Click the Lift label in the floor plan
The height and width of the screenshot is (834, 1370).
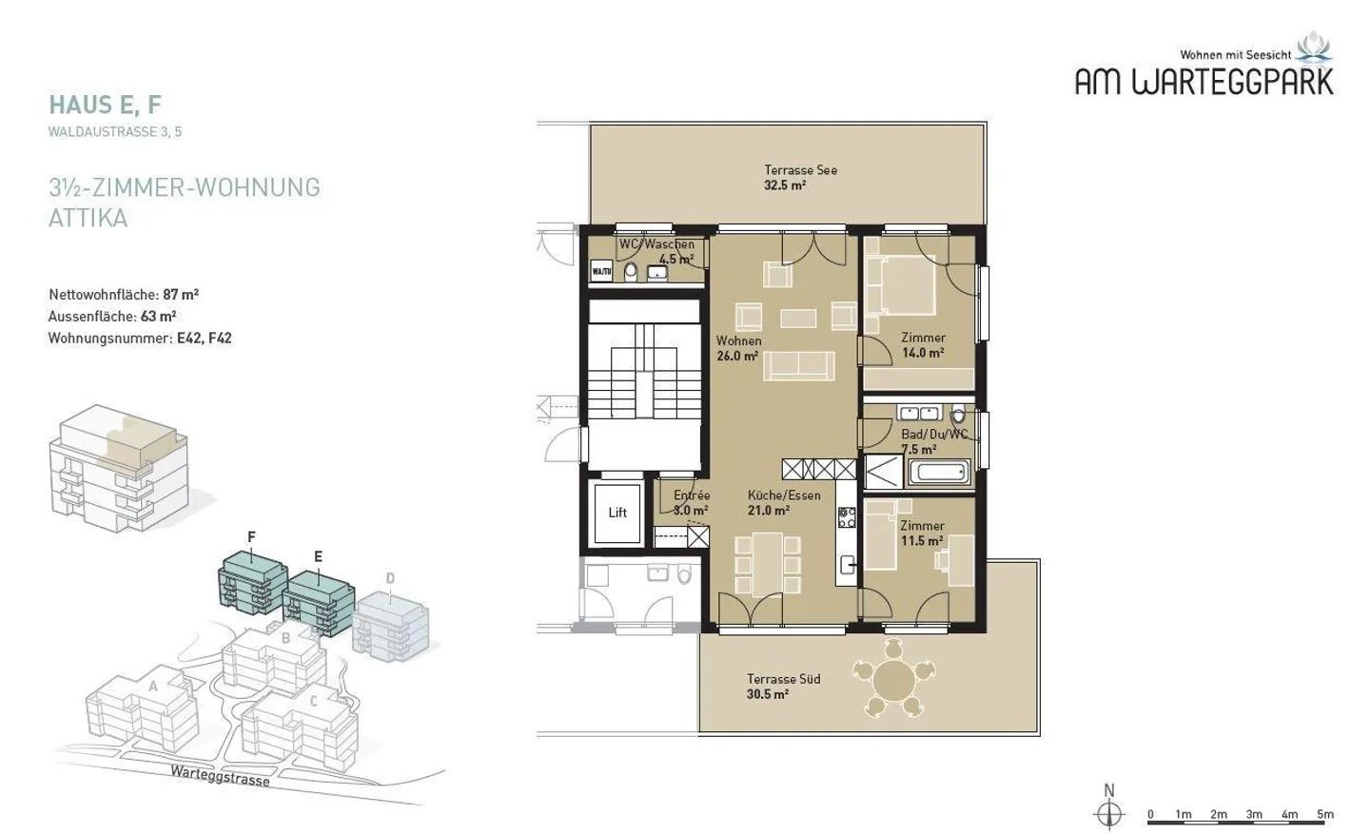click(x=617, y=513)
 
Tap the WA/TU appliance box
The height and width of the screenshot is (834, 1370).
click(x=601, y=271)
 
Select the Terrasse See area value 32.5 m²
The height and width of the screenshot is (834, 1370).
click(x=785, y=185)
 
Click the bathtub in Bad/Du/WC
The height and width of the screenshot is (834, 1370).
click(x=939, y=472)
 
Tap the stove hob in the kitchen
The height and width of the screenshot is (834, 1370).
click(x=847, y=517)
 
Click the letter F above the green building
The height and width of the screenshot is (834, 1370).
click(x=251, y=537)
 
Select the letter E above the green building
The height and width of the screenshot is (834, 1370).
click(x=318, y=556)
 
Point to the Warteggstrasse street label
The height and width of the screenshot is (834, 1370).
click(x=220, y=776)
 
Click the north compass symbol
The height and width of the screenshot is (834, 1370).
click(x=1109, y=814)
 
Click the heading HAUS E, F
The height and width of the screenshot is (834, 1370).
click(x=106, y=106)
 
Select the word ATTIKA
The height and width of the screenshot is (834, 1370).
click(x=88, y=219)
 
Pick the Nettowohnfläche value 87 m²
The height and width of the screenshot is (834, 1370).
click(x=181, y=295)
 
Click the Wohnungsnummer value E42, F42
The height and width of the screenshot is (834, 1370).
click(x=205, y=339)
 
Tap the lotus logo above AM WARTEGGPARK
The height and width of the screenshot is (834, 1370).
click(x=1313, y=48)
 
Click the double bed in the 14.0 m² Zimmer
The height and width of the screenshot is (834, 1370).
click(x=901, y=285)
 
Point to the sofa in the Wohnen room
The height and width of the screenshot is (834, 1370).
click(x=799, y=365)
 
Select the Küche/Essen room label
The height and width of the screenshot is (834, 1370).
click(x=784, y=495)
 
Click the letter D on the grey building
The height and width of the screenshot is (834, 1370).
click(x=390, y=578)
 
